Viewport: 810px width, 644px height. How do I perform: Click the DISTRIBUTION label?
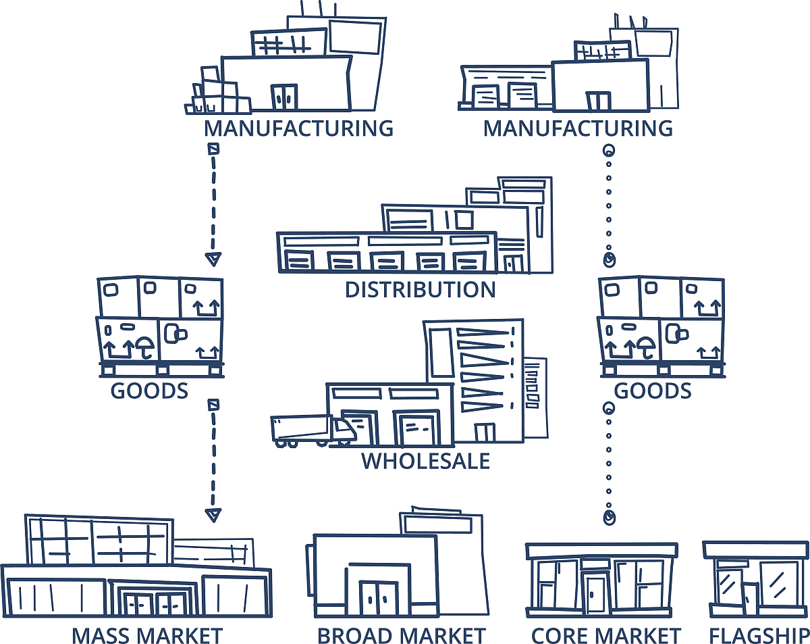click(420, 290)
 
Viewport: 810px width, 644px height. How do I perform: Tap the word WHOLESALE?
click(425, 461)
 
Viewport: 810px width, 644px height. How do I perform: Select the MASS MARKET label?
click(147, 635)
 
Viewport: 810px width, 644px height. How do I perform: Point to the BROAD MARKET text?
click(401, 635)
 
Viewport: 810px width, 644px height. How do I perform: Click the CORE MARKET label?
click(606, 635)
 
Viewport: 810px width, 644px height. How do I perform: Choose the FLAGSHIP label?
click(759, 635)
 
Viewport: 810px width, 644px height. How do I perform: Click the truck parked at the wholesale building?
click(310, 431)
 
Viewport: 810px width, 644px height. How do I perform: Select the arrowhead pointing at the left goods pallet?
click(213, 259)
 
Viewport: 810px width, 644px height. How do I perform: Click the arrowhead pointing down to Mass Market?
click(213, 516)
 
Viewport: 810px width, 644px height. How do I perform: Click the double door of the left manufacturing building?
click(284, 96)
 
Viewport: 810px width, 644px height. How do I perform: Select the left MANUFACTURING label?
click(298, 128)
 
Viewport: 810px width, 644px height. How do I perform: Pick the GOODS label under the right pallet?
click(653, 391)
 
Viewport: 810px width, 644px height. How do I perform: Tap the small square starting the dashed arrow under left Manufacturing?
click(213, 148)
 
